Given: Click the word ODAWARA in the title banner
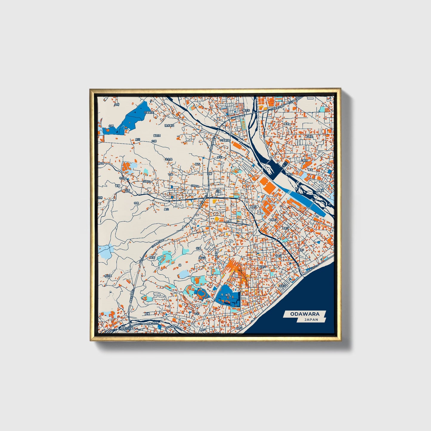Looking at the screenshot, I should click(x=305, y=314).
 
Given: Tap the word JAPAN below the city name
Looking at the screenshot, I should click(x=311, y=319).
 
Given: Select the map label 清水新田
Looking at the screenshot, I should click(x=169, y=126).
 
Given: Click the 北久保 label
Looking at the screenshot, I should click(x=169, y=159).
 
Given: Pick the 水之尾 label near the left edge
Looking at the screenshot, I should click(x=108, y=276).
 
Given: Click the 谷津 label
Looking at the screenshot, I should click(x=198, y=248).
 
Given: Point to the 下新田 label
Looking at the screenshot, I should click(x=309, y=137).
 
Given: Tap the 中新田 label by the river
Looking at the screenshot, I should click(x=289, y=174).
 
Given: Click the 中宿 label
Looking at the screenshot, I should click(x=136, y=203).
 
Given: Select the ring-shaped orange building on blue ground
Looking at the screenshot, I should click(x=201, y=294).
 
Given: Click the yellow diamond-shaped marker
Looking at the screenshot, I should click(x=217, y=219).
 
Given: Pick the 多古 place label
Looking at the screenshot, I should click(x=219, y=157).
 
